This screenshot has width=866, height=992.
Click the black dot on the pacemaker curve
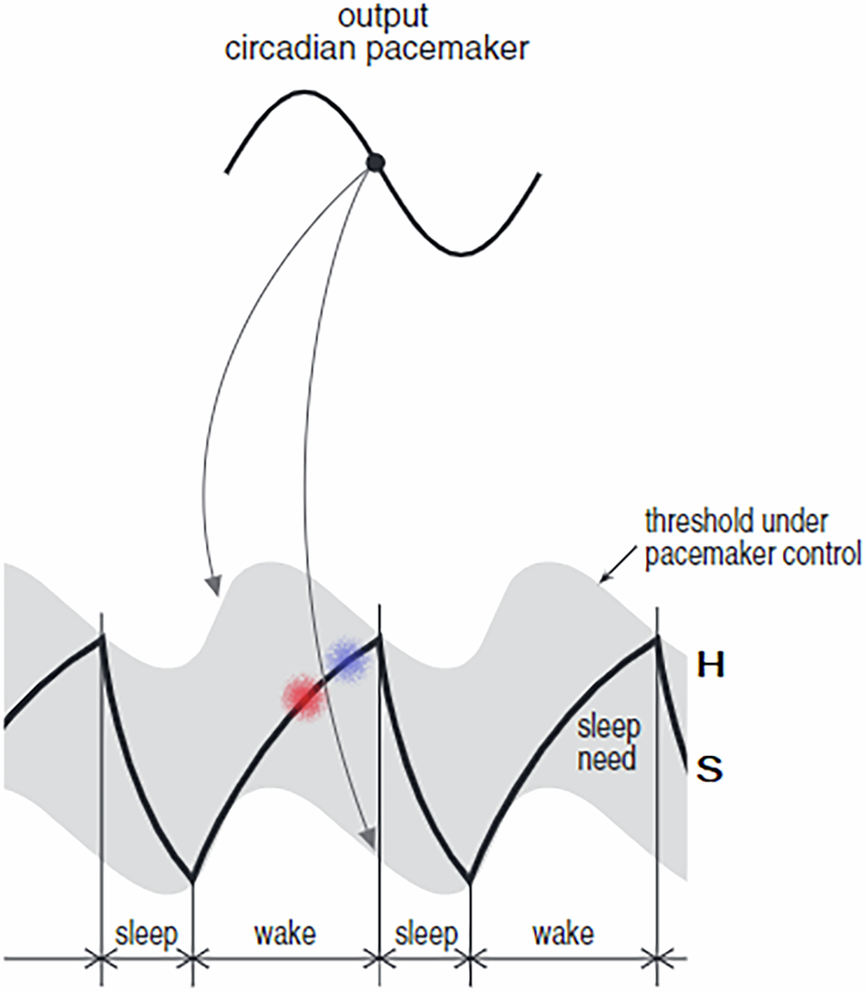[375, 162]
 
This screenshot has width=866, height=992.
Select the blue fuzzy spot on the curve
[343, 657]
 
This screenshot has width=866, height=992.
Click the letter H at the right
[710, 666]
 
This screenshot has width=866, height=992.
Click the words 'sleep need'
[611, 743]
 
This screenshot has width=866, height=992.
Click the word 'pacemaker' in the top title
[466, 50]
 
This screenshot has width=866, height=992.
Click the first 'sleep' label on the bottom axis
[145, 935]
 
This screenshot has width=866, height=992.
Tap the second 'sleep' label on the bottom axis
[424, 935]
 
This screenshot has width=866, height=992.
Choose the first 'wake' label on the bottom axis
[285, 935]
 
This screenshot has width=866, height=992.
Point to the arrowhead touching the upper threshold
[213, 583]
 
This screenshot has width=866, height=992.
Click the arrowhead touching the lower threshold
[366, 836]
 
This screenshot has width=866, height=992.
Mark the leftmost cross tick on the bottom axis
[100, 958]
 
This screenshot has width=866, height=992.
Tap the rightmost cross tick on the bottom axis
[656, 958]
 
